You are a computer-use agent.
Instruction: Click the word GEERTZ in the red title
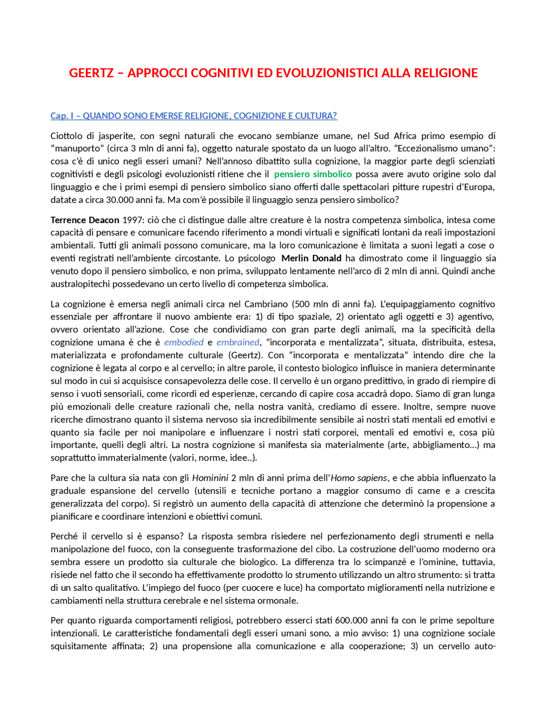pos(91,73)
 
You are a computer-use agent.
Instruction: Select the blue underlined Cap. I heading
pos(194,116)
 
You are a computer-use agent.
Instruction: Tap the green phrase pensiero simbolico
pos(313,174)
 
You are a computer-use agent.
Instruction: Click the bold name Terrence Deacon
pos(85,220)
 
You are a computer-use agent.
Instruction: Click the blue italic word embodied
pos(184,342)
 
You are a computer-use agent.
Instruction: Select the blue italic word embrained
pos(238,342)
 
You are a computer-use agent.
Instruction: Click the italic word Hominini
pos(210,478)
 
